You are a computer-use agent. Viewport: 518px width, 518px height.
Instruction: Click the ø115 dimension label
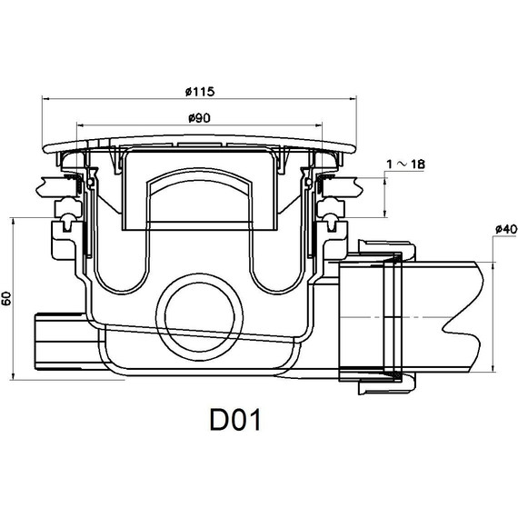click(200, 91)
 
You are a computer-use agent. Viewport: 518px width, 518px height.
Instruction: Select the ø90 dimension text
click(199, 118)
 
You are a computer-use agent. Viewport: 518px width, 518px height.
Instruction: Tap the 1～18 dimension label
click(405, 164)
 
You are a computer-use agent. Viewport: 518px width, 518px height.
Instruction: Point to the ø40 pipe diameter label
click(506, 229)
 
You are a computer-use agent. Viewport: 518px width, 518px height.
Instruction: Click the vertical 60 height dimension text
click(6, 298)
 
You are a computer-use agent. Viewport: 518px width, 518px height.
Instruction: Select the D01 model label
click(235, 420)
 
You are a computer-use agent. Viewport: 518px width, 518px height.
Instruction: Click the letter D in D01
click(218, 420)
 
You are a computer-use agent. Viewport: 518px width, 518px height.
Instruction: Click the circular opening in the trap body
click(200, 317)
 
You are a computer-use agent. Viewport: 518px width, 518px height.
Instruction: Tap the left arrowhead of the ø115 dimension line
click(45, 98)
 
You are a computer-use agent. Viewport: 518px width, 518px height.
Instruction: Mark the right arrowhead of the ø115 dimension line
click(353, 98)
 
